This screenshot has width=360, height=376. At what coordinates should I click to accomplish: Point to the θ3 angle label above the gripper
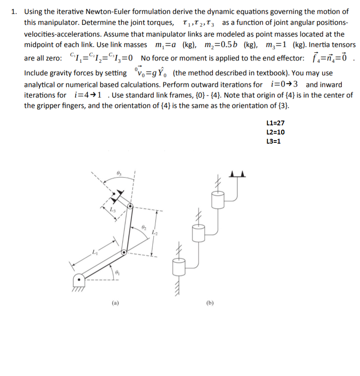click(x=119, y=174)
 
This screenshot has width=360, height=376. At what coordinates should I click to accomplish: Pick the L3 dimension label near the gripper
click(x=112, y=211)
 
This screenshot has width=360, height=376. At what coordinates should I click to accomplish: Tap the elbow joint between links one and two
click(x=124, y=252)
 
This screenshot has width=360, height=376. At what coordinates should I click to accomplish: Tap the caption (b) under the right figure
click(x=210, y=302)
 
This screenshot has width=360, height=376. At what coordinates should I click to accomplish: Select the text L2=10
click(x=275, y=132)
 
